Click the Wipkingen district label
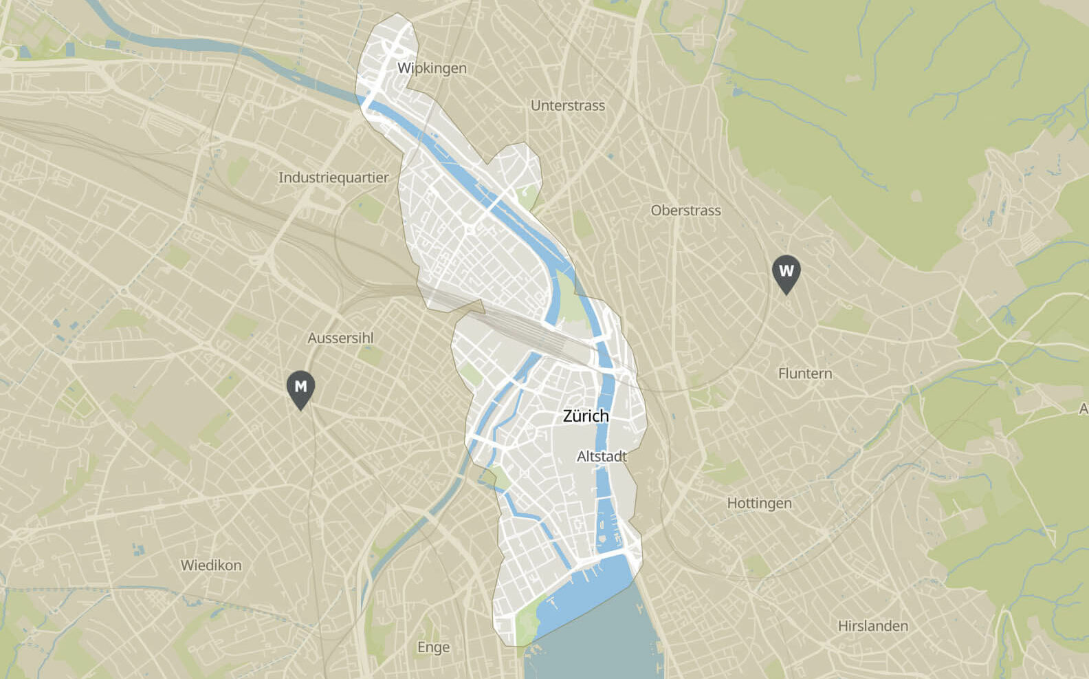point(432,68)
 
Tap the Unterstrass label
point(567,106)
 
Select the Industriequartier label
point(333,177)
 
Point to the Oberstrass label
point(685,211)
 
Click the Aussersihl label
point(340,338)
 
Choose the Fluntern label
point(804,374)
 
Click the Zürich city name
point(586,416)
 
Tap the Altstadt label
point(602,456)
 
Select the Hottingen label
point(759,503)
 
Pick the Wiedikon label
point(211,565)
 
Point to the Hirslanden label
point(872,626)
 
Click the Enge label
point(433,647)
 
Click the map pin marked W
point(786,272)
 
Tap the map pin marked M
point(300,388)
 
